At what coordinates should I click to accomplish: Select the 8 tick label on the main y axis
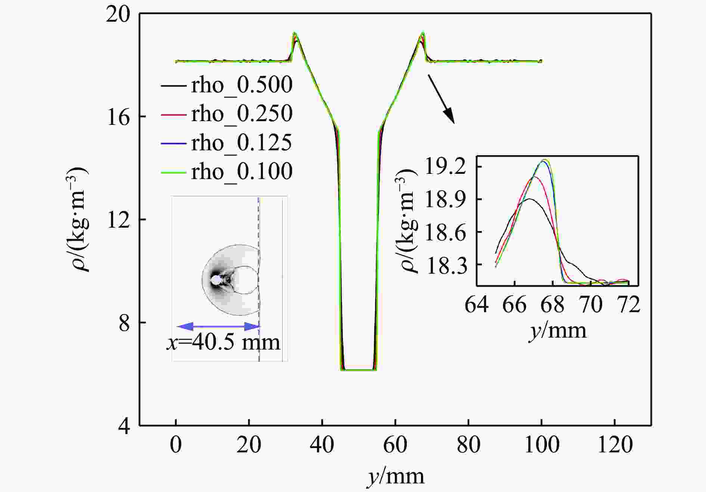pyautogui.click(x=124, y=323)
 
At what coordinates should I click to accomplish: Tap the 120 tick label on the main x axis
pyautogui.click(x=615, y=445)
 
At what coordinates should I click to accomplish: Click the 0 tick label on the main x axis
pyautogui.click(x=176, y=445)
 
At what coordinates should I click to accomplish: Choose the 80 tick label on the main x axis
pyautogui.click(x=468, y=445)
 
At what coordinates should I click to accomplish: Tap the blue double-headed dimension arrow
pyautogui.click(x=218, y=326)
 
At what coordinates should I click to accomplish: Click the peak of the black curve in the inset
pyautogui.click(x=529, y=199)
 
